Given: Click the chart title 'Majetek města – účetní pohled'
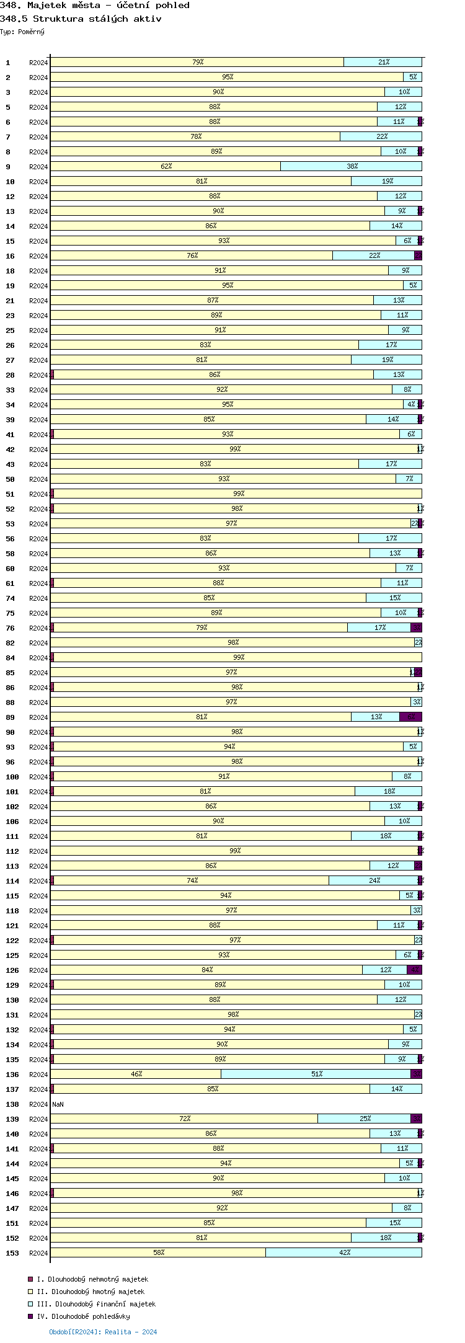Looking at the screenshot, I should (x=108, y=6).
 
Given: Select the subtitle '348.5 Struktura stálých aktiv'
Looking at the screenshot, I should (x=81, y=19).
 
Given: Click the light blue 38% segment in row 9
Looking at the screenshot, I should (x=351, y=166).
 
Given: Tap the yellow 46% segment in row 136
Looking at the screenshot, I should (x=136, y=1074).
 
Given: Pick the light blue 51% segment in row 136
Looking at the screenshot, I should (x=316, y=1074).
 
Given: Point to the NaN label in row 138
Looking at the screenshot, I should (x=58, y=1104).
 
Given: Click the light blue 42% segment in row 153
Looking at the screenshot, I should (x=343, y=1252).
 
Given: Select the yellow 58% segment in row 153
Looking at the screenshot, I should (x=158, y=1252).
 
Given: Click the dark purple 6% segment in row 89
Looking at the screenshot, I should (x=410, y=717).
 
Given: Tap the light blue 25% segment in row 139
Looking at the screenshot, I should (x=364, y=1119).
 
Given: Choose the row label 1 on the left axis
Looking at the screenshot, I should (x=8, y=63).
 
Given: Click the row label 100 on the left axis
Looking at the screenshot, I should (x=12, y=777).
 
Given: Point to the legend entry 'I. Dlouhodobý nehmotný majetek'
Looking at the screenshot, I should (x=92, y=1279).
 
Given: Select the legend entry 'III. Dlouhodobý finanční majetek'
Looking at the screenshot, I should (x=96, y=1304).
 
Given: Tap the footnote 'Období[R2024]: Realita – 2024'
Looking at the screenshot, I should (x=103, y=1332).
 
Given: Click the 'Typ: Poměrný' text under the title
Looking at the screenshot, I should (x=22, y=32).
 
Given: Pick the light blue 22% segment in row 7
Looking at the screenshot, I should (x=381, y=136).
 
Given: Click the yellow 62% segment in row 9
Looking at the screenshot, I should (x=166, y=166).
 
